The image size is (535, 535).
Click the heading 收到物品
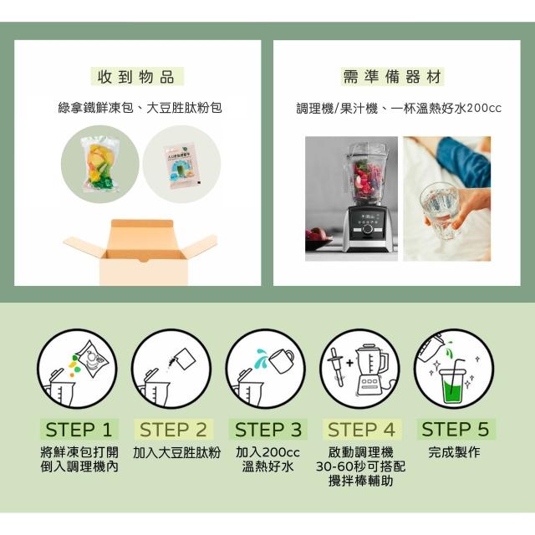(x=136, y=76)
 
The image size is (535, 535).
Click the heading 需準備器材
(x=392, y=76)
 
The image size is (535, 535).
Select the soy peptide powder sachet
(x=181, y=166)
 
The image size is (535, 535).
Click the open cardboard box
(x=140, y=252)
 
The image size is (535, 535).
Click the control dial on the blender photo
(x=368, y=228)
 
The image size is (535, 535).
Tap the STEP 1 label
(x=79, y=430)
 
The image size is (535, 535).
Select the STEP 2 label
(x=173, y=430)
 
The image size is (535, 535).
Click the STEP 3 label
(x=268, y=430)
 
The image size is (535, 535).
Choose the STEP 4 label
(x=362, y=430)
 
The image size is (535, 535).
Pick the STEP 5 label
(x=456, y=429)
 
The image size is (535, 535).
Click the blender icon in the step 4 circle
(x=372, y=369)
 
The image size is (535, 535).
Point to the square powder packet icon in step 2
(x=185, y=359)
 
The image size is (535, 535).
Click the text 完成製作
(x=455, y=452)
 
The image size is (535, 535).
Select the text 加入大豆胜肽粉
(x=176, y=453)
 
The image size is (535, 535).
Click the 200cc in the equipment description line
(x=484, y=108)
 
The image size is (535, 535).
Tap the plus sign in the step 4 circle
(x=349, y=363)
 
